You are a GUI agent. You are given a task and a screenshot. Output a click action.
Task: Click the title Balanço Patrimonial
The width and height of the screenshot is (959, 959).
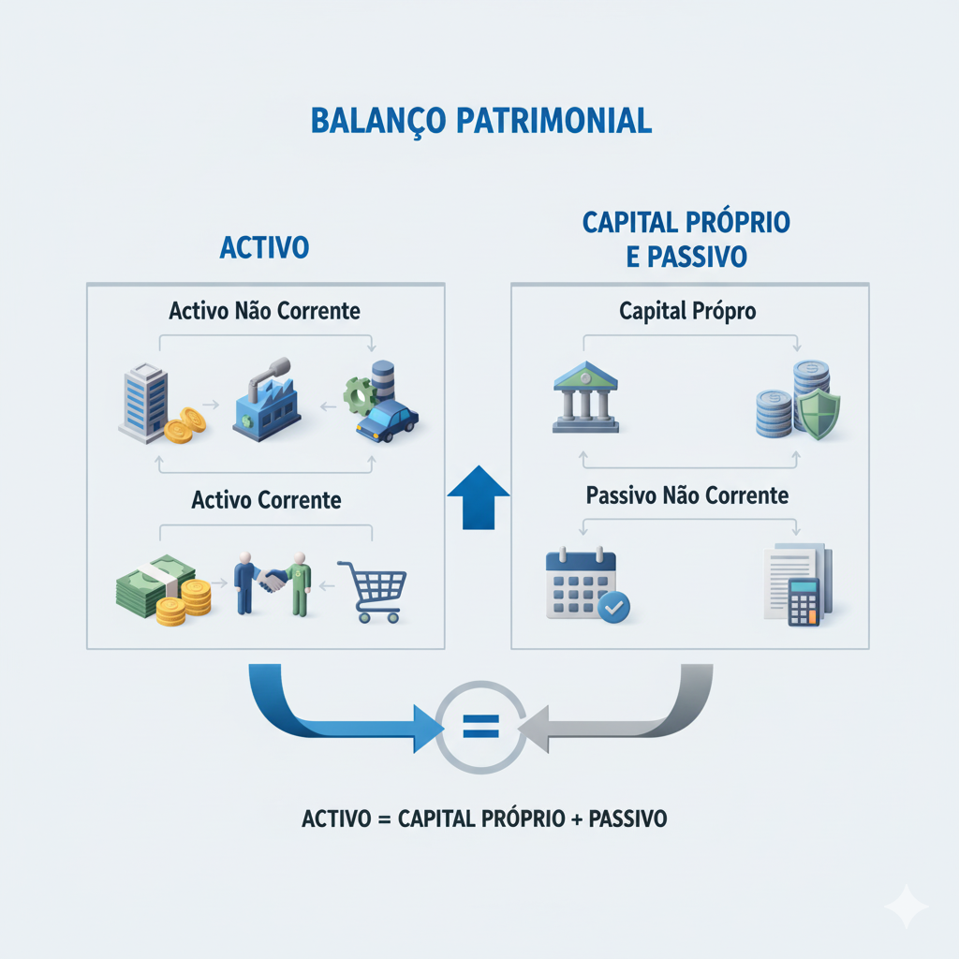pyautogui.click(x=479, y=122)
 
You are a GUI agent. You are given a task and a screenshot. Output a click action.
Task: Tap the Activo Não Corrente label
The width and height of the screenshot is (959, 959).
pyautogui.click(x=264, y=311)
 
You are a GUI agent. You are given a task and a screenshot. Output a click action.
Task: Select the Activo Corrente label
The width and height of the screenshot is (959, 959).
pyautogui.click(x=266, y=500)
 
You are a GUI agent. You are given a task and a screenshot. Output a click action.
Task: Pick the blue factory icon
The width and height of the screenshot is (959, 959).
pyautogui.click(x=266, y=404)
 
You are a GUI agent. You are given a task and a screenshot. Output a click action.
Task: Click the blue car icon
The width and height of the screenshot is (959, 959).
pyautogui.click(x=386, y=420)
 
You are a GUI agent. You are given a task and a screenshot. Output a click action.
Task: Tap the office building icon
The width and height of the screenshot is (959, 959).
pyautogui.click(x=143, y=403)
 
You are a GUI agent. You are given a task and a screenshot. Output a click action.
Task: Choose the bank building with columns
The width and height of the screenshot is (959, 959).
pyautogui.click(x=584, y=397)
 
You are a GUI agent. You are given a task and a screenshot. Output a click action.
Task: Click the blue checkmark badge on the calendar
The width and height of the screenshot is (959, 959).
pyautogui.click(x=614, y=607)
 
